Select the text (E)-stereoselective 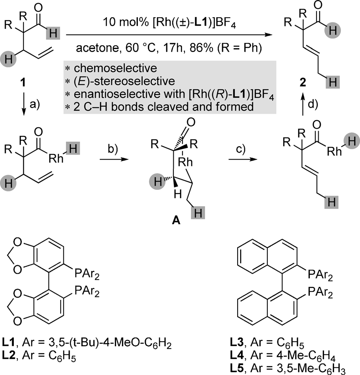110,79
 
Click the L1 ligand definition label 13,344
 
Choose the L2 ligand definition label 13,355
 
